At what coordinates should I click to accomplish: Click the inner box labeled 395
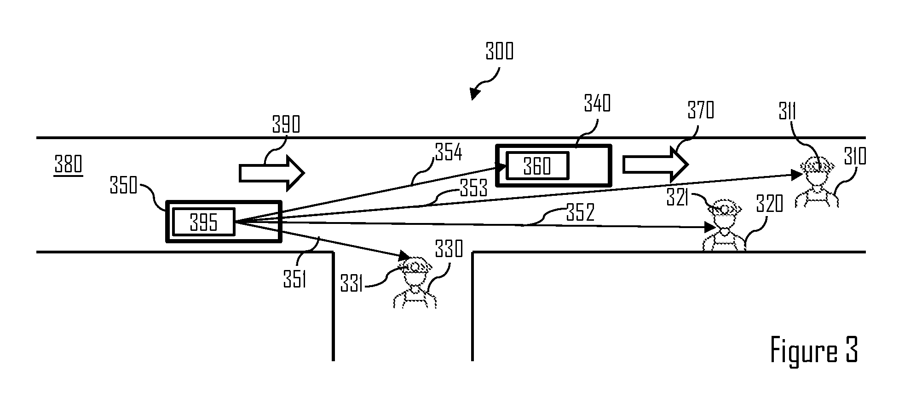tap(203, 222)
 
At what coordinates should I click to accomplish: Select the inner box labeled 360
tap(537, 165)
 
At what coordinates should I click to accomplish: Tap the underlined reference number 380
tap(69, 165)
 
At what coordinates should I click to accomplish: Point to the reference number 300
tap(499, 52)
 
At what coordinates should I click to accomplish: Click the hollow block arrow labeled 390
tap(271, 173)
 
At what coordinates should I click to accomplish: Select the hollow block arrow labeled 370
tap(655, 164)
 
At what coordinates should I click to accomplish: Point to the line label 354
tap(448, 153)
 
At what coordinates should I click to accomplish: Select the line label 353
tap(473, 188)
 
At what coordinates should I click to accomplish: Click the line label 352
tap(580, 212)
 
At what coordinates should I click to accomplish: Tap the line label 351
tap(294, 279)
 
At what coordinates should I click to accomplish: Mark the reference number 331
tap(352, 285)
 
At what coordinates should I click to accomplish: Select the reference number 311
tap(787, 112)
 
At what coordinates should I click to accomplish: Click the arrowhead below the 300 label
tap(474, 94)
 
